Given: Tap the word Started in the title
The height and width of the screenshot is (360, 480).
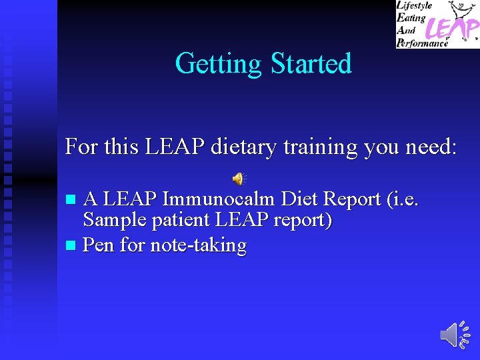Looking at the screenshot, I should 311,64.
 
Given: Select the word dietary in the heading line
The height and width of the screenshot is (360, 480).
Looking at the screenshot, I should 243,146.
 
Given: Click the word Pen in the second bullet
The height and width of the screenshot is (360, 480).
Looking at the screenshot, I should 98,245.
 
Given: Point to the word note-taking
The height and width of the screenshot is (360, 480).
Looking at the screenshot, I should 198,245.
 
